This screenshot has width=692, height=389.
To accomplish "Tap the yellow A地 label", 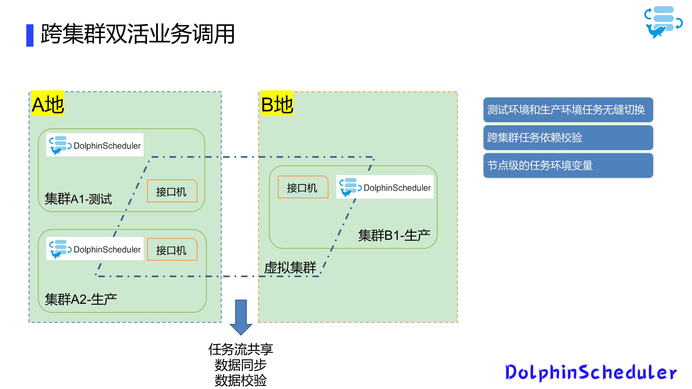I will coord(48,104).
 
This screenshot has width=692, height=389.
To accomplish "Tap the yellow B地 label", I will coord(277,104).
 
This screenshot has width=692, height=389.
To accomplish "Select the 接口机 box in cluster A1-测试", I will coord(172,191).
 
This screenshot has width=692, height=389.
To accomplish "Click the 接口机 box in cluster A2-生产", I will coord(172,250).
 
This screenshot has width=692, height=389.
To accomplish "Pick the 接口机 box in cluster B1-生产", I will coord(302,187).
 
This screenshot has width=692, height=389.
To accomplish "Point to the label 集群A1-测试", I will coord(78,199).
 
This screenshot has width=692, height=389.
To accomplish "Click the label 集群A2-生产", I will coord(81,299).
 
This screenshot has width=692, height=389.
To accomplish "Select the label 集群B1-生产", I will coord(394,235).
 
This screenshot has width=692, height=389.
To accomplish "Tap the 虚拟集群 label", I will coord(290,267).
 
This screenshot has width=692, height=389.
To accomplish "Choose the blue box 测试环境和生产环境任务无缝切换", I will coord(568,110).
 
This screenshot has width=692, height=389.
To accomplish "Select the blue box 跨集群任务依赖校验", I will coord(568,138).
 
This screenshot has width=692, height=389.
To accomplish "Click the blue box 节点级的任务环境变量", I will coord(568,166).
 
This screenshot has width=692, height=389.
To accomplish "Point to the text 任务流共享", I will coord(241,350).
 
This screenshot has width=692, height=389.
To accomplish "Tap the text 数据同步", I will coord(241,365).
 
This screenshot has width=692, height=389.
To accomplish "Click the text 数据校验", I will coord(241,380).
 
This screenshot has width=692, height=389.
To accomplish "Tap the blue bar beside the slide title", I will coord(30,35).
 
